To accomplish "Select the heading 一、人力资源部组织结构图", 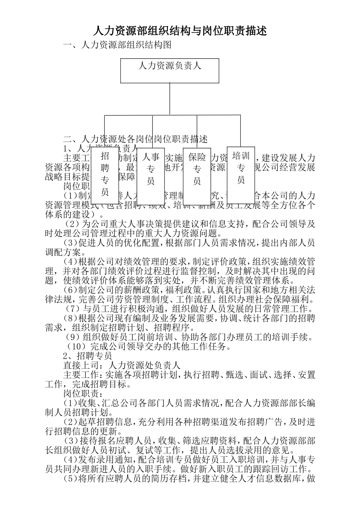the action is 117,45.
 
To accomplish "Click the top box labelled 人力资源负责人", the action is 169,71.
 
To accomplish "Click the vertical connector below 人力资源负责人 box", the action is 169,98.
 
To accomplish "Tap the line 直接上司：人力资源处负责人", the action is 121,365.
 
